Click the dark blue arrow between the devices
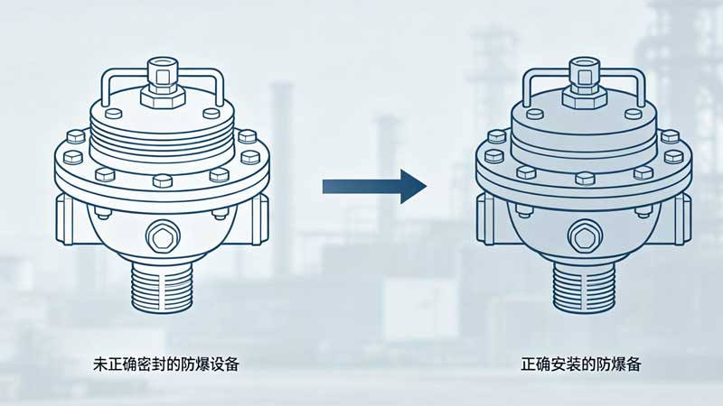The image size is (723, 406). click(374, 187)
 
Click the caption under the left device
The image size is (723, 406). click(166, 364)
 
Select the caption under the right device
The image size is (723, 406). click(581, 364)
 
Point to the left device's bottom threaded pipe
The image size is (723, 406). click(162, 286)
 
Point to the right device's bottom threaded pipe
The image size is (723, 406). click(584, 286)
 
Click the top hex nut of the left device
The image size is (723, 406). click(163, 97)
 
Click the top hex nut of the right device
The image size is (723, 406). click(585, 97)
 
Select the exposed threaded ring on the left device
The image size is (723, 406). click(163, 134)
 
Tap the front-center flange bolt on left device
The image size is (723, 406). click(163, 180)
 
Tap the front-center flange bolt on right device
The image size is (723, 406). click(585, 179)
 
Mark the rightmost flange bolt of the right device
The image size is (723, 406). click(673, 157)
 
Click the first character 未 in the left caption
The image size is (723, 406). click(100, 364)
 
